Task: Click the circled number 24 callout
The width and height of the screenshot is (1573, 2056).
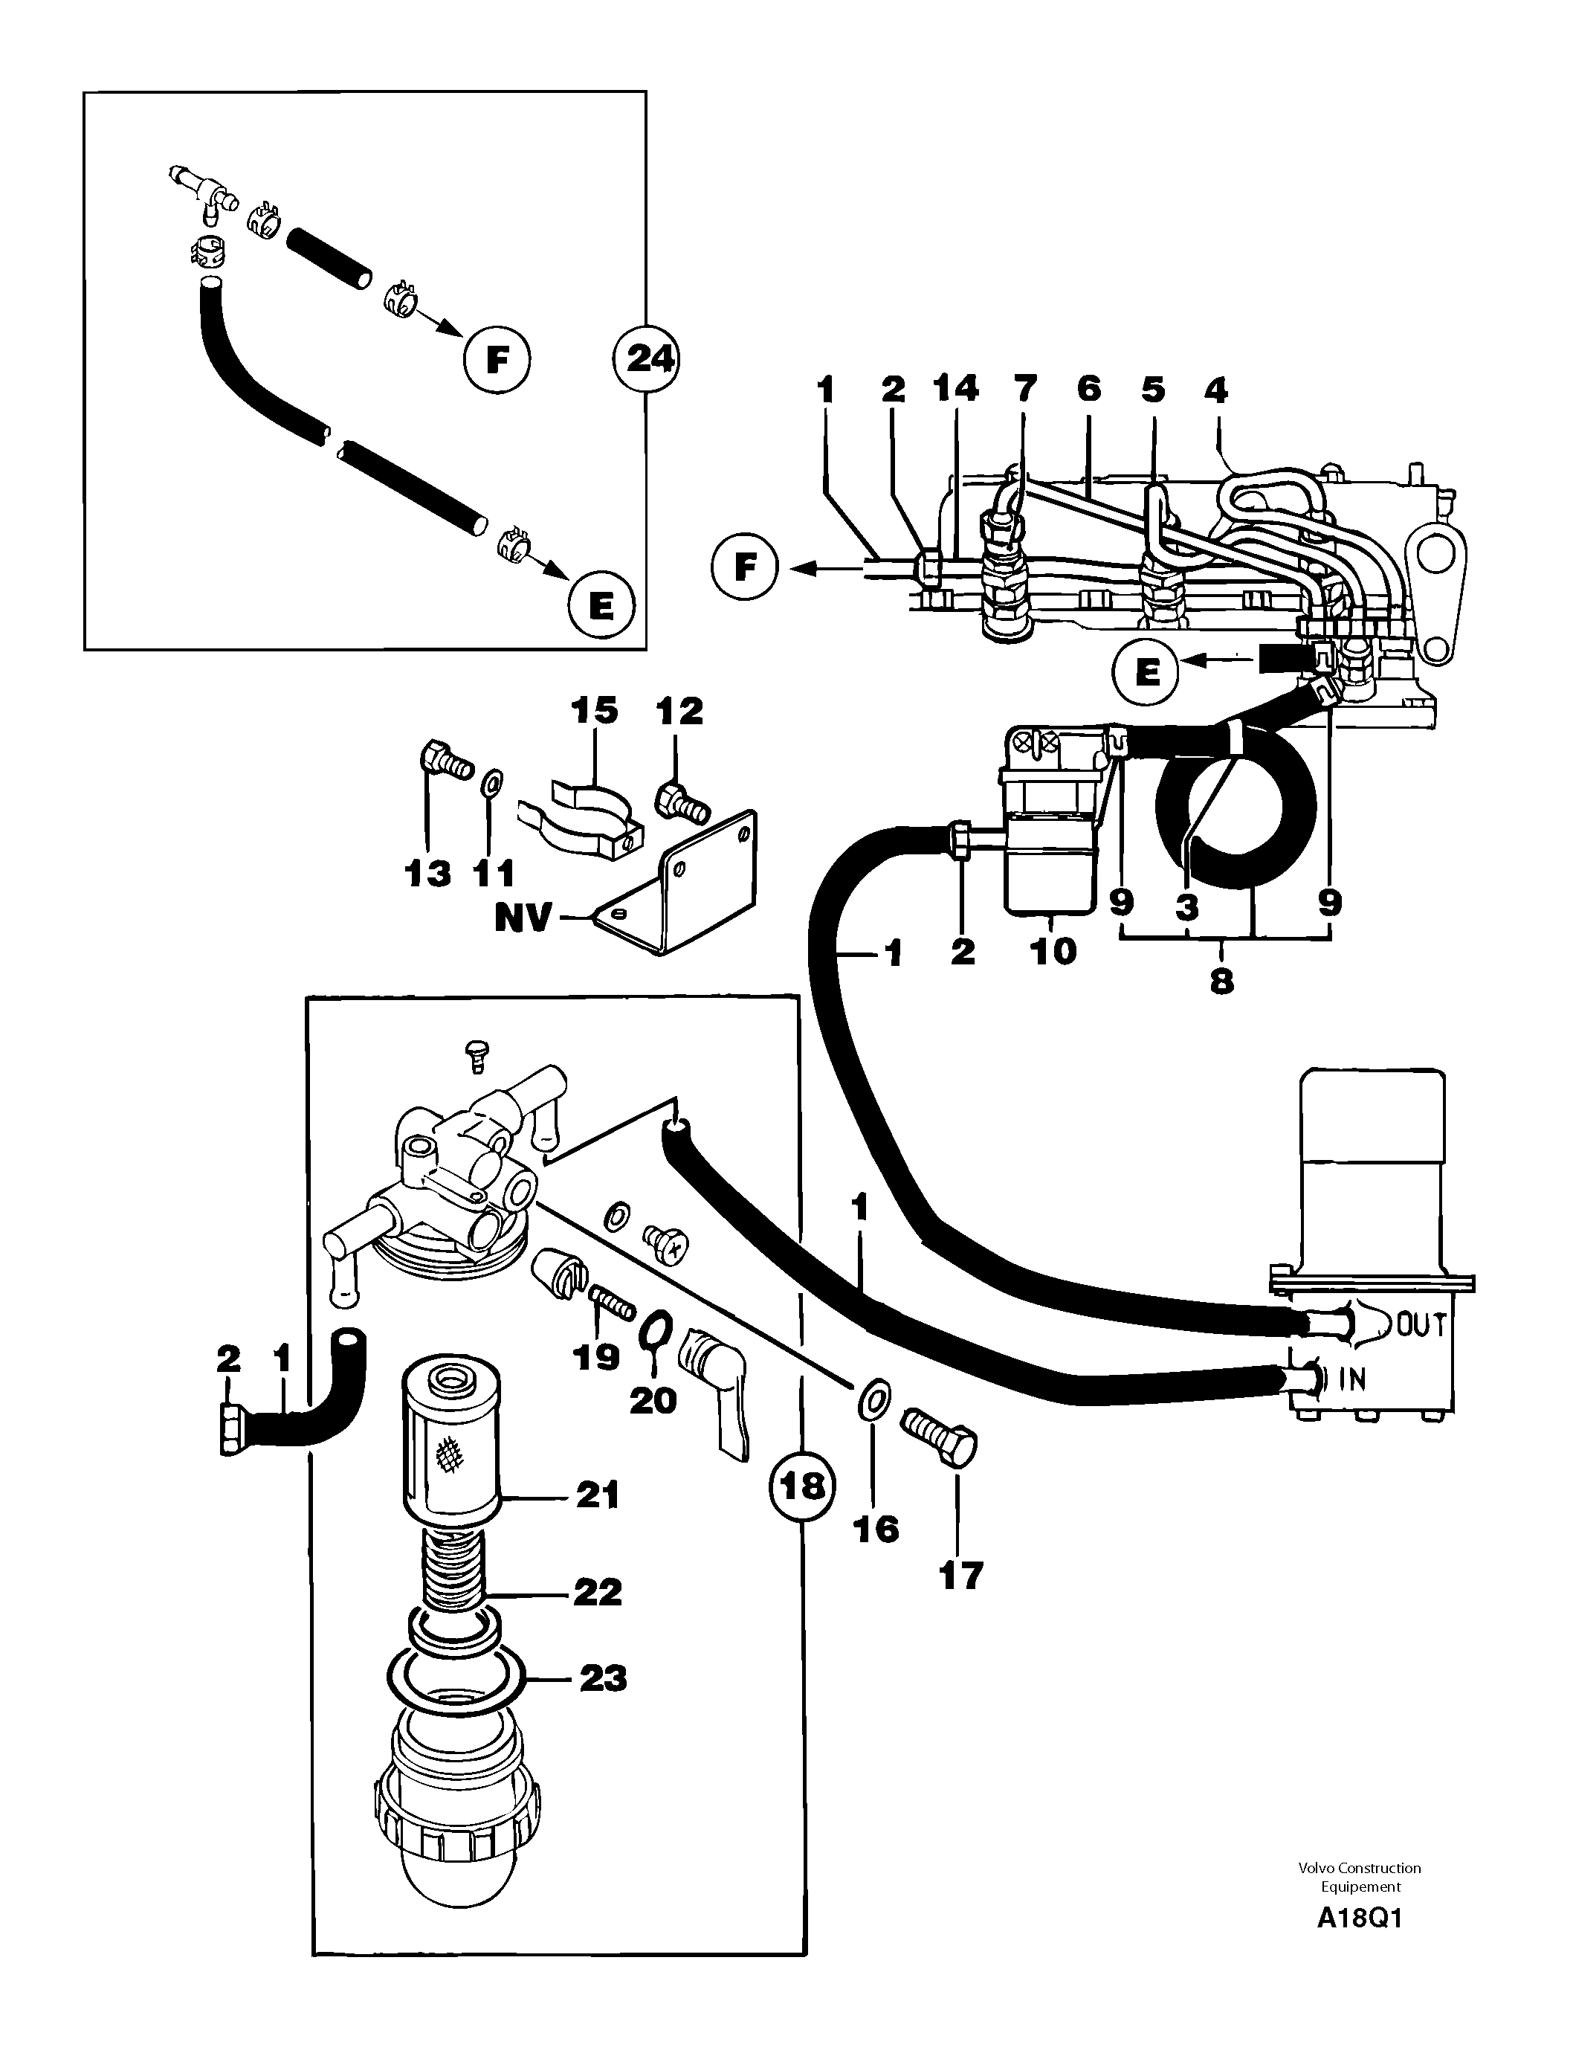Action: tap(647, 358)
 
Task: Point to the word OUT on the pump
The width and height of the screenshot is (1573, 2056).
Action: tap(1421, 1325)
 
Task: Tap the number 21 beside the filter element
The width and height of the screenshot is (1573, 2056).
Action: tap(598, 1496)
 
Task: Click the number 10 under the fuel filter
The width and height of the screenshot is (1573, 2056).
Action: tap(1053, 952)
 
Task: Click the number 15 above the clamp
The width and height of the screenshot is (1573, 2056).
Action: tap(595, 711)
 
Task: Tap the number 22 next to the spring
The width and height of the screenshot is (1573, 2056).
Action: tap(598, 1592)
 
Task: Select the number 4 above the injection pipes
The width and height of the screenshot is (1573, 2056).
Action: tap(1215, 390)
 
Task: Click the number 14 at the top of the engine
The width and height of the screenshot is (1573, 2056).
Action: tap(955, 388)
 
